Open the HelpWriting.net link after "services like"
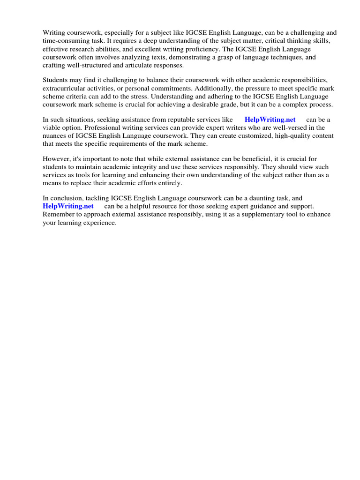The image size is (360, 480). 270,120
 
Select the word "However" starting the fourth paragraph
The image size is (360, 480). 56,159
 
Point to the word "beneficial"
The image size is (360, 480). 256,159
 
